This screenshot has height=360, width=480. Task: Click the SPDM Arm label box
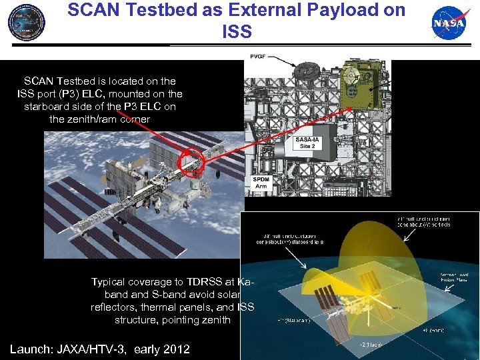pos(262,182)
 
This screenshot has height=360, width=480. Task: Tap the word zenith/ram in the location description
pos(83,119)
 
